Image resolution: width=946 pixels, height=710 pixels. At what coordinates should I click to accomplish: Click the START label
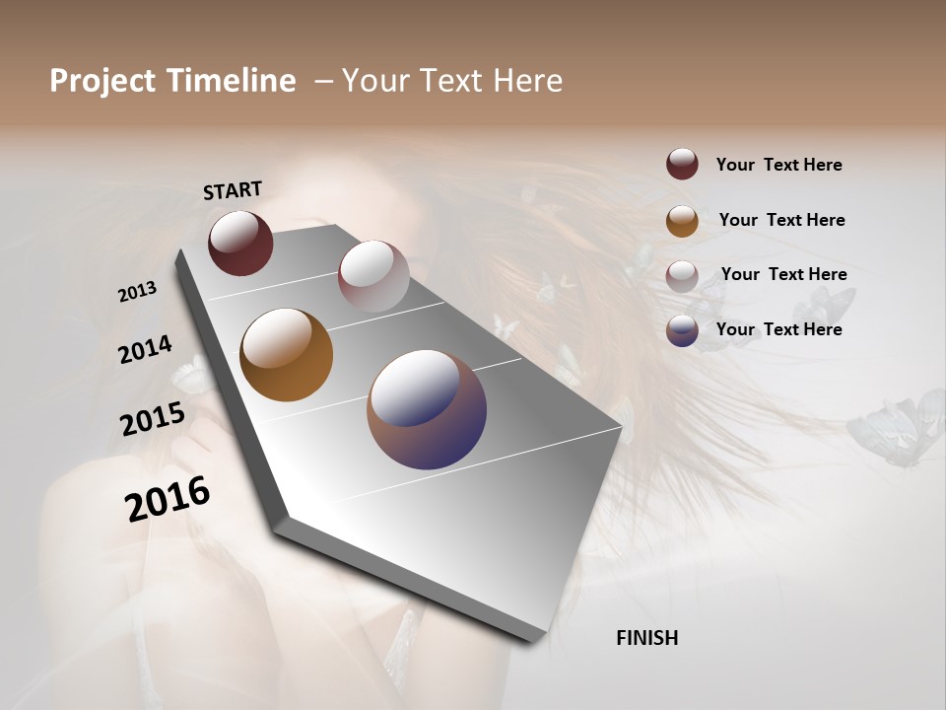pyautogui.click(x=233, y=190)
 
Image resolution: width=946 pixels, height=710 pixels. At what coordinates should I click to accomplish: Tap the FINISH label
pyautogui.click(x=646, y=638)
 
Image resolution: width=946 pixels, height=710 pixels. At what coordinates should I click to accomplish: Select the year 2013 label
pyautogui.click(x=137, y=292)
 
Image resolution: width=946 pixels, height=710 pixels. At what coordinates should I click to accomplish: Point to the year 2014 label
pyautogui.click(x=145, y=349)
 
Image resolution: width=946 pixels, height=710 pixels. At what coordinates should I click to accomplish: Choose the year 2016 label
pyautogui.click(x=168, y=498)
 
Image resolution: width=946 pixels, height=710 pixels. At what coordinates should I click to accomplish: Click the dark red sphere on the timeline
pyautogui.click(x=240, y=244)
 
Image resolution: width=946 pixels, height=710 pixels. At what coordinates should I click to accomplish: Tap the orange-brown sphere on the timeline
pyautogui.click(x=286, y=355)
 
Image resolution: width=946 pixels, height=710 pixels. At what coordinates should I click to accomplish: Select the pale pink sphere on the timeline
pyautogui.click(x=373, y=276)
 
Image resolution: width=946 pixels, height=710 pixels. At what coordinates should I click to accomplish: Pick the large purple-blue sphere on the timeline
pyautogui.click(x=427, y=409)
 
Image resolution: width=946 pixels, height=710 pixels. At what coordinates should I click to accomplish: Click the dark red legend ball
pyautogui.click(x=682, y=165)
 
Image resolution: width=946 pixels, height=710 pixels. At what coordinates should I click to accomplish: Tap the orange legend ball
pyautogui.click(x=682, y=221)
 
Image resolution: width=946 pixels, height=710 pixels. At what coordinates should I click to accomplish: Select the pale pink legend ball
pyautogui.click(x=682, y=276)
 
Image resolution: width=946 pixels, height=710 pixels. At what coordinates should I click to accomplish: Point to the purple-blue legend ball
pyautogui.click(x=682, y=330)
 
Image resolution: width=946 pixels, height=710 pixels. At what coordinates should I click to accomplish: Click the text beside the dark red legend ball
pyautogui.click(x=778, y=165)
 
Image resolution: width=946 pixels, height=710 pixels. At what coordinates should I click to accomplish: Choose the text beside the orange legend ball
pyautogui.click(x=781, y=220)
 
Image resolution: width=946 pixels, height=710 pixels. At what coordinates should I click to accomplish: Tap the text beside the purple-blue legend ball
pyautogui.click(x=778, y=329)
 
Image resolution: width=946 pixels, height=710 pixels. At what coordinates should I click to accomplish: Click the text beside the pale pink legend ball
pyautogui.click(x=783, y=274)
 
